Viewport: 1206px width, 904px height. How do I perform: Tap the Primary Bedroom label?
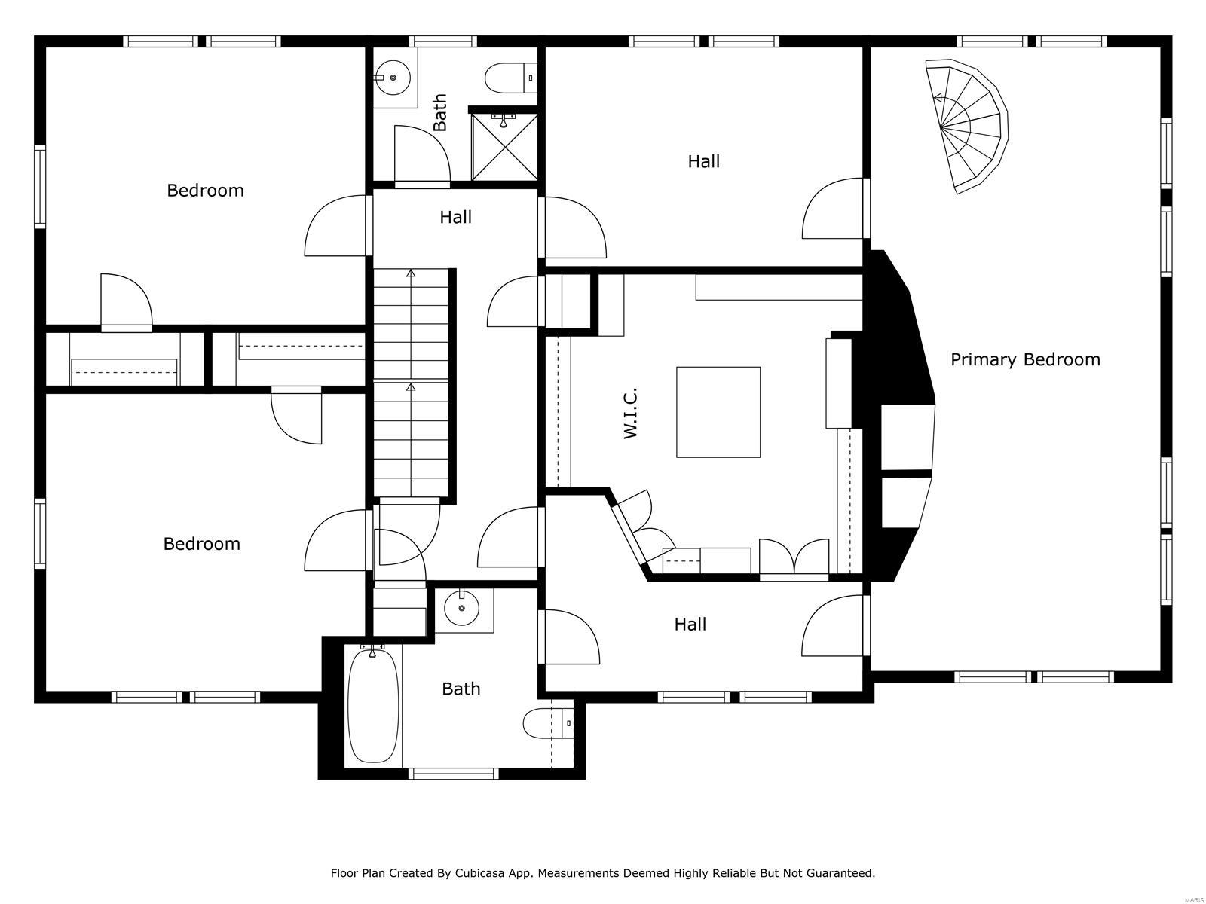1025,359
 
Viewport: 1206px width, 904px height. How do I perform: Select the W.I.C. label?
631,413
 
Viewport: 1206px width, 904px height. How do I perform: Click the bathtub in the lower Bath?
372,705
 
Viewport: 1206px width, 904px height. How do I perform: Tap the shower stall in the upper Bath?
504,148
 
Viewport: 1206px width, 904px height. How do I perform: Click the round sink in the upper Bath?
393,78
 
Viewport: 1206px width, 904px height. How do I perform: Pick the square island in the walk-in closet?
718,412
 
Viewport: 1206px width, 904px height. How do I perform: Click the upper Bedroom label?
205,191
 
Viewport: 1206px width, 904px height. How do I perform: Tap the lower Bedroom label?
201,544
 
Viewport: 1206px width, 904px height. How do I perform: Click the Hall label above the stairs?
455,218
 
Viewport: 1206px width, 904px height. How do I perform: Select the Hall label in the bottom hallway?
690,625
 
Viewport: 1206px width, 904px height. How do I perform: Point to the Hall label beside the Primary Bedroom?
703,161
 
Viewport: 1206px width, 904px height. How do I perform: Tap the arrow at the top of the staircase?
411,273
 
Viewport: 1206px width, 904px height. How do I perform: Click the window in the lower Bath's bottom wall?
453,773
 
